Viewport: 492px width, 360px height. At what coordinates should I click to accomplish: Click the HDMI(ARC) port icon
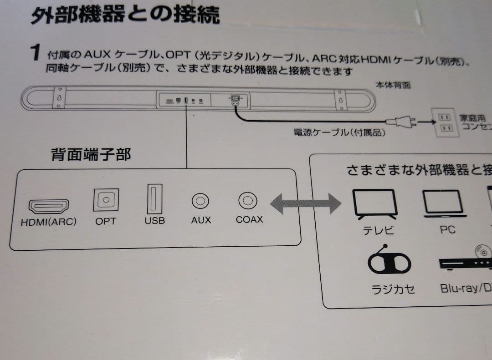[x=48, y=207]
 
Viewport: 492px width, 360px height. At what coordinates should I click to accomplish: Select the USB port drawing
[x=154, y=198]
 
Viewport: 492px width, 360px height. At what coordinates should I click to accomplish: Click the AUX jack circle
[x=200, y=200]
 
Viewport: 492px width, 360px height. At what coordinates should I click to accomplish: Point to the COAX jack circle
[x=248, y=200]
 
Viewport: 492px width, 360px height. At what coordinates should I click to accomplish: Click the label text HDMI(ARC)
[x=48, y=223]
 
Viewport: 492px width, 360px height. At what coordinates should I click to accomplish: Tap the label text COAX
[x=249, y=219]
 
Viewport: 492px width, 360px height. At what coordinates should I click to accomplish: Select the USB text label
[x=154, y=221]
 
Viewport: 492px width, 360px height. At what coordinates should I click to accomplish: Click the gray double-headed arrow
[x=305, y=203]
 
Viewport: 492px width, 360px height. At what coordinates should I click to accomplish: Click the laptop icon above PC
[x=444, y=203]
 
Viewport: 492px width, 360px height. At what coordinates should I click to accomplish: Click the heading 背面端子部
[x=91, y=155]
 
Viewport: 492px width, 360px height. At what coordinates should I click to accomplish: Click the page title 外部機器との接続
[x=125, y=15]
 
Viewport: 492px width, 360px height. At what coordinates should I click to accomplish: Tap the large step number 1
[x=36, y=54]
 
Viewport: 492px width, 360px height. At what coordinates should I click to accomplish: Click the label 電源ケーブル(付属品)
[x=340, y=133]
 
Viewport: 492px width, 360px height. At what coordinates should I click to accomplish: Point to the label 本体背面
[x=393, y=85]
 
